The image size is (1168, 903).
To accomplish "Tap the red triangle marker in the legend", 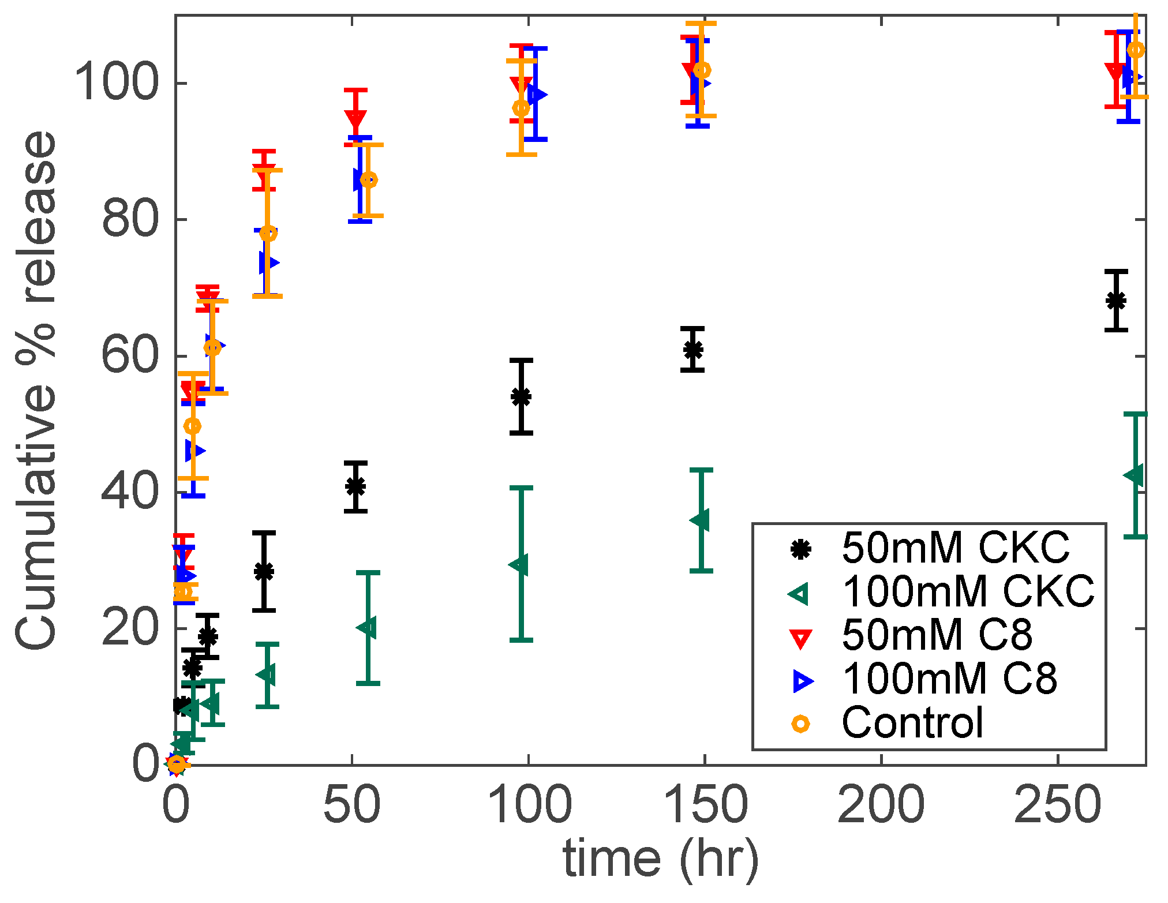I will pyautogui.click(x=800, y=639).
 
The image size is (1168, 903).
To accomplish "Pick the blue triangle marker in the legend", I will pyautogui.click(x=802, y=681).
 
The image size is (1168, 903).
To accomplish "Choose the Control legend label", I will pyautogui.click(x=912, y=722).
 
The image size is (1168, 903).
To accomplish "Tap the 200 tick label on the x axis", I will pyautogui.click(x=881, y=805).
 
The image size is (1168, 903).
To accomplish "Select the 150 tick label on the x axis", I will pyautogui.click(x=705, y=805).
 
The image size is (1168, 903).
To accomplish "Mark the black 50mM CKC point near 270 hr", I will pyautogui.click(x=1116, y=301).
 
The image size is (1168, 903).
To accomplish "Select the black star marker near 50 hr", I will pyautogui.click(x=356, y=486).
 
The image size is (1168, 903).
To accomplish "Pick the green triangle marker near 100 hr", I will pyautogui.click(x=519, y=565).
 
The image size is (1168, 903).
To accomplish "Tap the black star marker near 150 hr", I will pyautogui.click(x=693, y=350).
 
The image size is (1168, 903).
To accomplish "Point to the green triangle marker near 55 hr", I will pyautogui.click(x=367, y=627).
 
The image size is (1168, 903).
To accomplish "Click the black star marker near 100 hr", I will pyautogui.click(x=521, y=396).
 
